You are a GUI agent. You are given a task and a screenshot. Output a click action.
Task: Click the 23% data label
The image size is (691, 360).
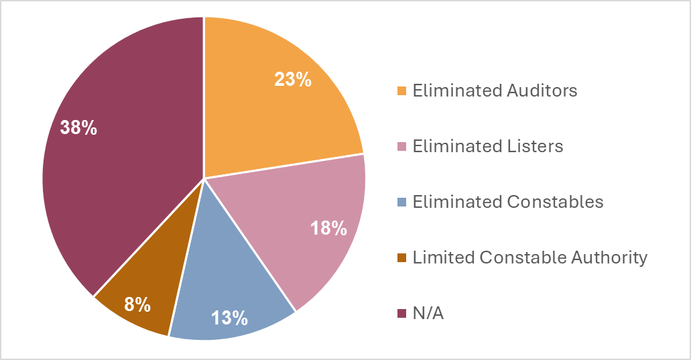pos(293,79)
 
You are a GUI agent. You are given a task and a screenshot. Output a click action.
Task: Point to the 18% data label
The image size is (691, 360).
pos(328,228)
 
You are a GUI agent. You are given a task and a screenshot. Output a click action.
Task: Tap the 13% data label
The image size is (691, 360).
pos(229,316)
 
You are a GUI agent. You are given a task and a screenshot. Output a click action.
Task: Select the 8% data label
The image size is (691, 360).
pos(137,305)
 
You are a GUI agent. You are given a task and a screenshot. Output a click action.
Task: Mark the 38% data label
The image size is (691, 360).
pos(78,127)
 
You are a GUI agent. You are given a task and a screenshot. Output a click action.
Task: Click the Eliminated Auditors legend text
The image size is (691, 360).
pos(495,91)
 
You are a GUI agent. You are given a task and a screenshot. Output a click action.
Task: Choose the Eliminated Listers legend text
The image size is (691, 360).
pos(488,146)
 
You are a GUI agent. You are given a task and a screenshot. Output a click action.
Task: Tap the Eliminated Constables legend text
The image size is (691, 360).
pos(508,202)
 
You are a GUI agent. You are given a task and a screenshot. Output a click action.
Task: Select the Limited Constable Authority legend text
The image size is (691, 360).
pos(530,257)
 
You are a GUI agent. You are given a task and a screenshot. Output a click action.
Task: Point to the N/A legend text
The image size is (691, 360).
pos(428,313)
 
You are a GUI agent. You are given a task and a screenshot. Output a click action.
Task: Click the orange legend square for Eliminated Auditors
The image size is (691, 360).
pos(402,91)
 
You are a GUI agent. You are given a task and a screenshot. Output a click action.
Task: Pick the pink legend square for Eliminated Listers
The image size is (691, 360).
pos(402,147)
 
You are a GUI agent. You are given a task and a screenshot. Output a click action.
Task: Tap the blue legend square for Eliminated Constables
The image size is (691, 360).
pos(402,202)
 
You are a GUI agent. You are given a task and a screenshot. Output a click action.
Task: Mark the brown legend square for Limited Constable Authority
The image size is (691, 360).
pos(402,258)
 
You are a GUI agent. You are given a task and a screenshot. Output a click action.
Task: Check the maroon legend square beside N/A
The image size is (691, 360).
pos(402,314)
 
